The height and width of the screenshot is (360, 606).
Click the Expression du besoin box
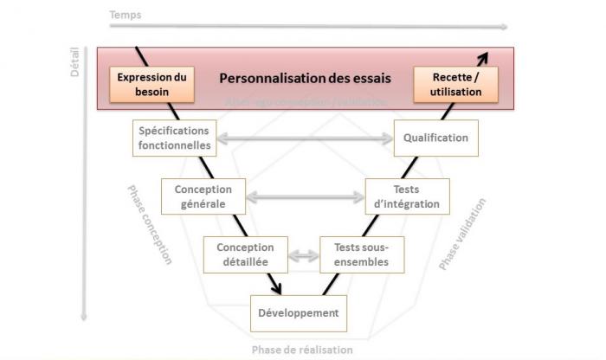point(152,83)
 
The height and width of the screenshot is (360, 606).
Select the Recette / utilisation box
point(455,84)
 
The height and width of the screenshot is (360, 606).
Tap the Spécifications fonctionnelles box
point(173,138)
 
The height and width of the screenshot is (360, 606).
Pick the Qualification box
point(435,138)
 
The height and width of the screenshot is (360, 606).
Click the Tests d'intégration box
point(407,196)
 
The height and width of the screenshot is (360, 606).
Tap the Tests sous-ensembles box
point(361,254)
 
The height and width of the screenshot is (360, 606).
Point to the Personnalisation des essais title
point(305,78)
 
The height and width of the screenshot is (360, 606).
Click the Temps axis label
point(126,16)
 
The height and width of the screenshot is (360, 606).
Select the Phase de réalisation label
point(302,350)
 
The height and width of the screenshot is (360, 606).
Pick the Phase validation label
point(462,235)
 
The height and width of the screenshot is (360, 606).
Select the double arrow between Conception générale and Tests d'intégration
point(304,196)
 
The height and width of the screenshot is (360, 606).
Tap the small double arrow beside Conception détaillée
point(303,254)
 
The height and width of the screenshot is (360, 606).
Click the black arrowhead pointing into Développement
point(277,289)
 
